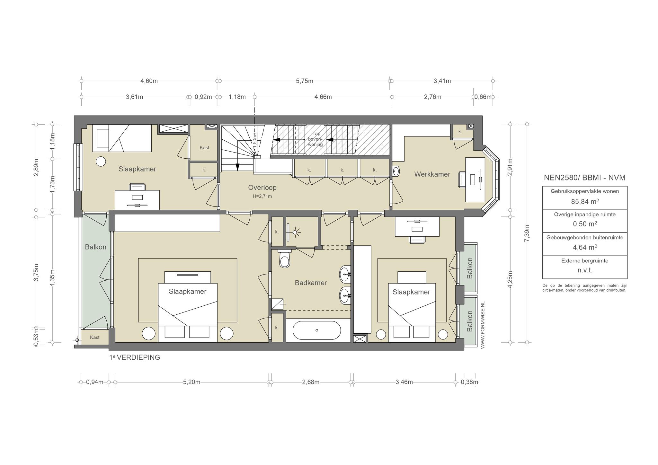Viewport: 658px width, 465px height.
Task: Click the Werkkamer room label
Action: click(x=432, y=174)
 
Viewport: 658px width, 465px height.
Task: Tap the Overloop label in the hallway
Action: click(x=262, y=188)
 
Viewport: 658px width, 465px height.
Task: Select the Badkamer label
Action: click(x=311, y=283)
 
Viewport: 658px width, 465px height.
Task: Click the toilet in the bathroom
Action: click(x=284, y=259)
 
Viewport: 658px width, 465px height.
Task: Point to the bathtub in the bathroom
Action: click(x=317, y=330)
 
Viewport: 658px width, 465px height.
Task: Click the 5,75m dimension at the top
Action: click(x=305, y=81)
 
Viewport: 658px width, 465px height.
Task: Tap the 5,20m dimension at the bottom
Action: click(x=191, y=382)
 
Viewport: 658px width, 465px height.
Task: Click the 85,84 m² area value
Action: click(x=585, y=202)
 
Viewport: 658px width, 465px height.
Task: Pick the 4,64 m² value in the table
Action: click(x=585, y=248)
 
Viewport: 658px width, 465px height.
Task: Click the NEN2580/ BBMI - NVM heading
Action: click(x=585, y=178)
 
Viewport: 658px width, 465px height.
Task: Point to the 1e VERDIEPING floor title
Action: click(x=135, y=357)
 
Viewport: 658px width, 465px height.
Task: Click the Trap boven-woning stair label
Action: click(x=315, y=139)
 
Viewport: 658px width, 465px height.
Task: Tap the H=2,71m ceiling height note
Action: click(x=262, y=196)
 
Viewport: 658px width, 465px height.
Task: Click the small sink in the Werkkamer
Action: click(x=396, y=171)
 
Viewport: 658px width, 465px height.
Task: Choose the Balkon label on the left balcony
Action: click(x=95, y=247)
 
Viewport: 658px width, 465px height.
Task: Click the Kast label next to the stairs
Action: click(x=204, y=148)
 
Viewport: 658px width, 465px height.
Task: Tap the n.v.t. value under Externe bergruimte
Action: click(x=585, y=270)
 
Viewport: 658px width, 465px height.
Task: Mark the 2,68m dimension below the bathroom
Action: click(x=310, y=382)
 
